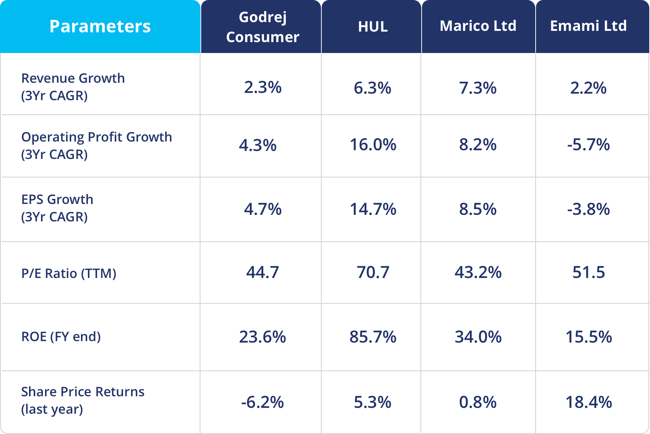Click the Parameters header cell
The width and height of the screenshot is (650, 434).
(x=100, y=26)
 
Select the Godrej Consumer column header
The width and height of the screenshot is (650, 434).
(x=263, y=27)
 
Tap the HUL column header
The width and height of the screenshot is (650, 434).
(x=373, y=26)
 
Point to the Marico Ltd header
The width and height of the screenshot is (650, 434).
(x=478, y=26)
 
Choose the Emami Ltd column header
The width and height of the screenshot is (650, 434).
(x=588, y=26)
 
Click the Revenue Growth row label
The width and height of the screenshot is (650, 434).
(x=73, y=87)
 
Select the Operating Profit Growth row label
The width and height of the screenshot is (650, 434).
(x=96, y=146)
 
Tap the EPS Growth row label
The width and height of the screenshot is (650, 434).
(x=57, y=208)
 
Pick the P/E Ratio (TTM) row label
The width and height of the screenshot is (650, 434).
(x=69, y=273)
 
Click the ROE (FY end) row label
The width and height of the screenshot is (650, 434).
(x=61, y=336)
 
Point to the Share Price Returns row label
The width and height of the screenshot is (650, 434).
(x=82, y=400)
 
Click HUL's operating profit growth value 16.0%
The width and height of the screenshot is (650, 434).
(x=373, y=145)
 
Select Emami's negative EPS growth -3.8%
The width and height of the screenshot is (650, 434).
(x=588, y=209)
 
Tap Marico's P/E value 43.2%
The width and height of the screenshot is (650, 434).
(x=478, y=272)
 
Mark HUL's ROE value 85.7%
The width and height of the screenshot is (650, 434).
(x=373, y=337)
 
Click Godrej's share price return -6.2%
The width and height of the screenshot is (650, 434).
(x=262, y=402)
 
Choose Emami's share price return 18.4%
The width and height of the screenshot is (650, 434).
(x=588, y=402)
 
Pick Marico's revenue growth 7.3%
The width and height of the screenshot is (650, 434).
(x=478, y=88)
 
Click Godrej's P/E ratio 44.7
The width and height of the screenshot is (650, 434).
(x=262, y=272)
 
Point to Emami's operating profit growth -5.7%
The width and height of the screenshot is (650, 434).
(x=588, y=145)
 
